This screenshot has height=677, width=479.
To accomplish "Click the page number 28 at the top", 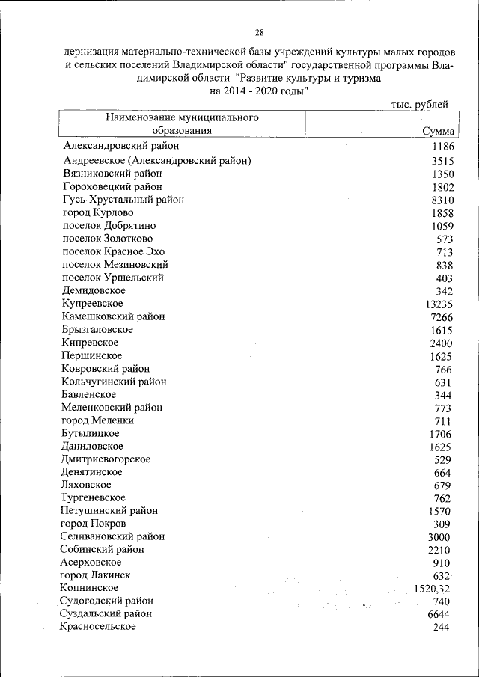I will (259, 33).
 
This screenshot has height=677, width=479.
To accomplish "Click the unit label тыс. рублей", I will (420, 105).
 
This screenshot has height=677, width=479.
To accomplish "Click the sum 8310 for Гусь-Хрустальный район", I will (443, 200).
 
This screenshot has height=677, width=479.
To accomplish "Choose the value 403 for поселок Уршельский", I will (445, 278).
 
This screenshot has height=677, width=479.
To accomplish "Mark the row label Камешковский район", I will (114, 316).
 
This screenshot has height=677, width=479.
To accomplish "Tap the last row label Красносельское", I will (98, 626).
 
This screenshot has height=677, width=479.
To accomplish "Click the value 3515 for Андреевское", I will (443, 161).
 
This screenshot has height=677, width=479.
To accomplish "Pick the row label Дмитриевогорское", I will (106, 459).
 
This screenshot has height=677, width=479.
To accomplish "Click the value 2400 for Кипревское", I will (443, 343).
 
